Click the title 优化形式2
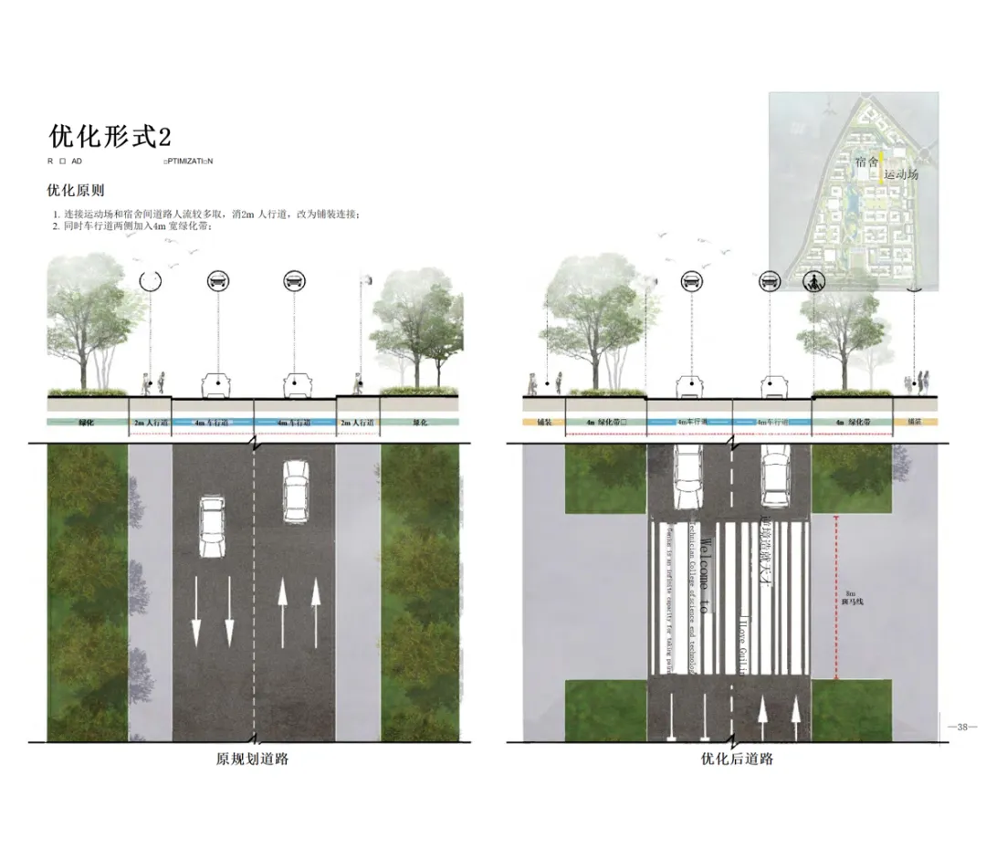coord(110,137)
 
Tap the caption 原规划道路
coord(252,759)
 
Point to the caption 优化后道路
coord(737,759)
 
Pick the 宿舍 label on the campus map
coord(867,162)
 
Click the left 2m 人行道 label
coord(151,424)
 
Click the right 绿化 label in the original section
coord(419,424)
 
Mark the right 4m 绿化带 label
coord(852,424)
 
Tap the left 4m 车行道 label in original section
coord(214,424)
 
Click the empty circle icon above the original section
coord(151,281)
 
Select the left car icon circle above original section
coord(218,280)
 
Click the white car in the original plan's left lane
coord(212,528)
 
